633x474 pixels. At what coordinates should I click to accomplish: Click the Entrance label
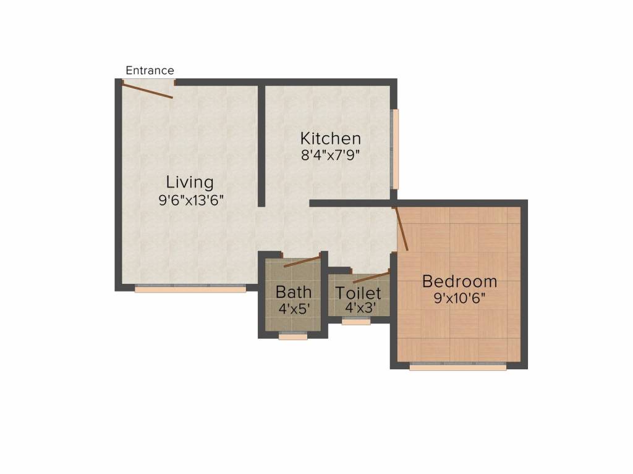point(150,70)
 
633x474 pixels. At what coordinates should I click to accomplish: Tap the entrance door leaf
point(147,91)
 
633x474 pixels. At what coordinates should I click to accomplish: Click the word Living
point(190,183)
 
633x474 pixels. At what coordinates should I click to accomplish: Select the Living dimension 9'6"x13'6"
point(190,200)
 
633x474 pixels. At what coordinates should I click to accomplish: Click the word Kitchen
point(330,138)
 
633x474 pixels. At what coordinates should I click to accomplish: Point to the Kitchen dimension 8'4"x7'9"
point(330,155)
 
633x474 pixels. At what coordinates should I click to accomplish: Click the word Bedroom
point(459,282)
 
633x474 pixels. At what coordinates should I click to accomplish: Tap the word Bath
point(294,291)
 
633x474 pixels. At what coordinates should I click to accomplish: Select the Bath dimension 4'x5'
point(294,309)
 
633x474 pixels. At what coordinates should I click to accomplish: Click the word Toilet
point(358,293)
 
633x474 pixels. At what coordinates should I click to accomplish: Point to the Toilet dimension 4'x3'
point(358,307)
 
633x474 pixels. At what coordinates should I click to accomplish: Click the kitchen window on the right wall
point(396,149)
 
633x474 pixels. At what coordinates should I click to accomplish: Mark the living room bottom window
point(190,288)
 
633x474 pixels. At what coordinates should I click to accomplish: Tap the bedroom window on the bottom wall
point(457,367)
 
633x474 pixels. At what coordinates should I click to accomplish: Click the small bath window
point(293,336)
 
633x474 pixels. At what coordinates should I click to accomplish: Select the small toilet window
point(356,321)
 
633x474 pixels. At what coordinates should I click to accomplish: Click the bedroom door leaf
point(401,229)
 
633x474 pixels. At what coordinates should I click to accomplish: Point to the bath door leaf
point(302,261)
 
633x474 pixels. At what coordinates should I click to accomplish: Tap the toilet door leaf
point(372,276)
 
